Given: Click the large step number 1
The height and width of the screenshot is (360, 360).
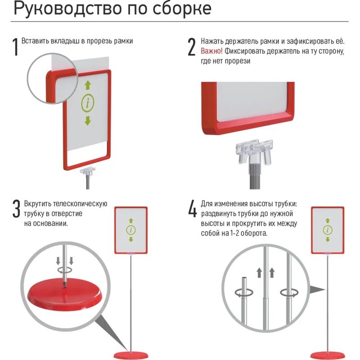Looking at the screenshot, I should [x=16, y=47].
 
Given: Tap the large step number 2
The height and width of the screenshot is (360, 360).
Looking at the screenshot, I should [x=192, y=47].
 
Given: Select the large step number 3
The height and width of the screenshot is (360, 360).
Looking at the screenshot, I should [x=16, y=209].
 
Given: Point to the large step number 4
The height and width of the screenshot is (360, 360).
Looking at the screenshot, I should [x=193, y=209].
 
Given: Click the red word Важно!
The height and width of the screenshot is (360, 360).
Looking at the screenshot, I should [x=211, y=51].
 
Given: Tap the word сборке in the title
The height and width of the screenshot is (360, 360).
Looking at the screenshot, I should [x=180, y=9].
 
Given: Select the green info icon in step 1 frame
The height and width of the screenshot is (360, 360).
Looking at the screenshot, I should [x=88, y=103].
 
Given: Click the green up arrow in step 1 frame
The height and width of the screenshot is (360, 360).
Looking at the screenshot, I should [x=88, y=85].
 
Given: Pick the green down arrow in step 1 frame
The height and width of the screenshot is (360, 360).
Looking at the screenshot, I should [x=88, y=121].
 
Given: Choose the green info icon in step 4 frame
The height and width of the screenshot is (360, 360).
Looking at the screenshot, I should [x=328, y=230].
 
